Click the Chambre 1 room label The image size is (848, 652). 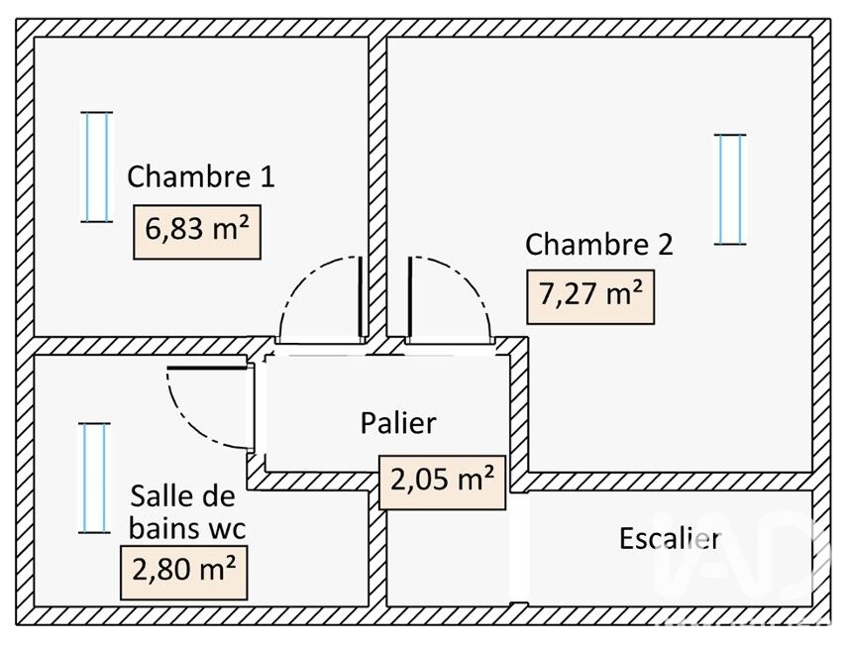click(x=201, y=176)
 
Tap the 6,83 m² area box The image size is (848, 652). click(x=197, y=232)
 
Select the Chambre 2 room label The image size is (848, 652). click(x=599, y=244)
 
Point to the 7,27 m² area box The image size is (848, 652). click(x=590, y=297)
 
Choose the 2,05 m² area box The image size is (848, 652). click(x=443, y=483)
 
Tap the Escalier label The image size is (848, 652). click(x=670, y=538)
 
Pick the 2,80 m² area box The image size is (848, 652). click(x=184, y=573)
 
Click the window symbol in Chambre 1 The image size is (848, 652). click(x=97, y=166)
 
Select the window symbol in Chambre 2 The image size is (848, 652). click(x=730, y=189)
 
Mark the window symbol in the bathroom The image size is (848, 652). click(x=95, y=478)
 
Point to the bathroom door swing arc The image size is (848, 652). click(x=186, y=422)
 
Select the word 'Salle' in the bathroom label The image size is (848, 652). click(x=158, y=495)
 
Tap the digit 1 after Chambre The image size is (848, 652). click(x=267, y=177)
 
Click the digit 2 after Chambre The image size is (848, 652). click(x=666, y=245)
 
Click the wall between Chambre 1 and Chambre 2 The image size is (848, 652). click(x=377, y=186)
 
